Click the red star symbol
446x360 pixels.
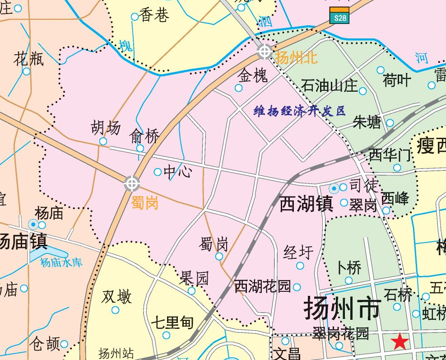(400, 341)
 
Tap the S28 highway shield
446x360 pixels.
(339, 15)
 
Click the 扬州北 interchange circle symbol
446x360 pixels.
(265, 51)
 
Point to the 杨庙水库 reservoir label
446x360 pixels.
(61, 262)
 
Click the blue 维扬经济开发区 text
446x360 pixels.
(300, 111)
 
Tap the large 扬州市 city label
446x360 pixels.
(342, 309)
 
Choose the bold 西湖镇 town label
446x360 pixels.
(306, 204)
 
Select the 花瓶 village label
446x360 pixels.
(28, 59)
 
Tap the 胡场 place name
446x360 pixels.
(106, 128)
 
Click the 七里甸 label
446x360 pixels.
(172, 323)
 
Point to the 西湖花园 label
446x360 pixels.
(262, 286)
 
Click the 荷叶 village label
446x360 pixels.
(397, 80)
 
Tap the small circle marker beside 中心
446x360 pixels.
(158, 172)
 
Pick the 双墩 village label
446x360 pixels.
(116, 297)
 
